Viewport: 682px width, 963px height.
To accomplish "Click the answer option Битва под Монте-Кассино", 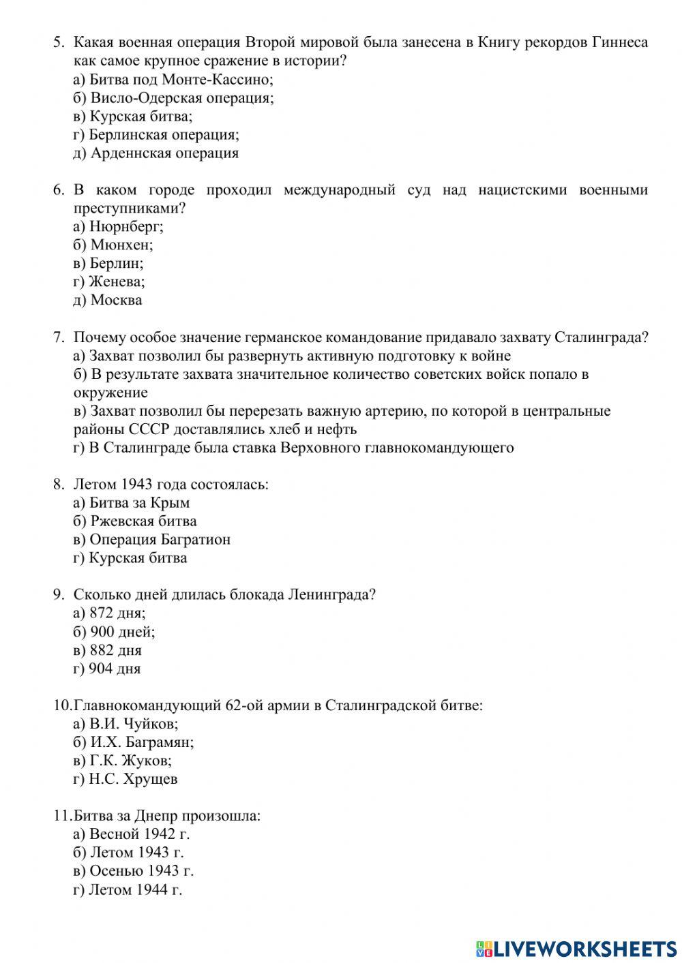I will click(173, 79).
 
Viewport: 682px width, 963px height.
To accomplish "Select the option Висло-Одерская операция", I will click(174, 97).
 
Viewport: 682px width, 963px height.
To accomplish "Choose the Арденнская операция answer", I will click(156, 153).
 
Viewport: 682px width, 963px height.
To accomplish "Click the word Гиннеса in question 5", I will click(619, 42).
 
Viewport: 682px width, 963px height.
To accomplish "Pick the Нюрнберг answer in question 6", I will click(119, 226).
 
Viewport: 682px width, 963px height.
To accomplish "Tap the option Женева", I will click(109, 281).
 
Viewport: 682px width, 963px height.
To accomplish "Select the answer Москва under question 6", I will click(108, 300).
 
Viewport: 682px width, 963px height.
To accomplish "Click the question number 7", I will click(59, 337).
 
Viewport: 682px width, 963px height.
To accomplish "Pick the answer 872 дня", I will click(110, 613).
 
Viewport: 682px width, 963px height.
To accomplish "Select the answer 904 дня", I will click(107, 668).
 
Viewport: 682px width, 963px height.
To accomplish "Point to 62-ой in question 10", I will click(243, 705).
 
